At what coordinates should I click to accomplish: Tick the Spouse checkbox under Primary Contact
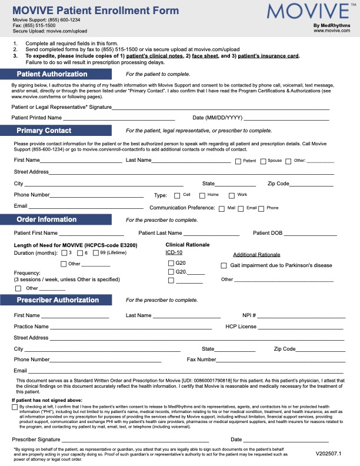(x=263, y=161)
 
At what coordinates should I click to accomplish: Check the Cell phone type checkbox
(x=177, y=195)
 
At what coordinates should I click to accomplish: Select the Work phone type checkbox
(x=232, y=195)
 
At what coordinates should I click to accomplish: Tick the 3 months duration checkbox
(x=64, y=253)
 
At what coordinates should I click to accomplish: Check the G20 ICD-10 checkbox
(x=171, y=263)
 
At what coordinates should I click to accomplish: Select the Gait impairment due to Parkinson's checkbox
(x=224, y=265)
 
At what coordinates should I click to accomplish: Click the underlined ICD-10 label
(x=174, y=252)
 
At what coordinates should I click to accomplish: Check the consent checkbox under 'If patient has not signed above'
(x=15, y=407)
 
